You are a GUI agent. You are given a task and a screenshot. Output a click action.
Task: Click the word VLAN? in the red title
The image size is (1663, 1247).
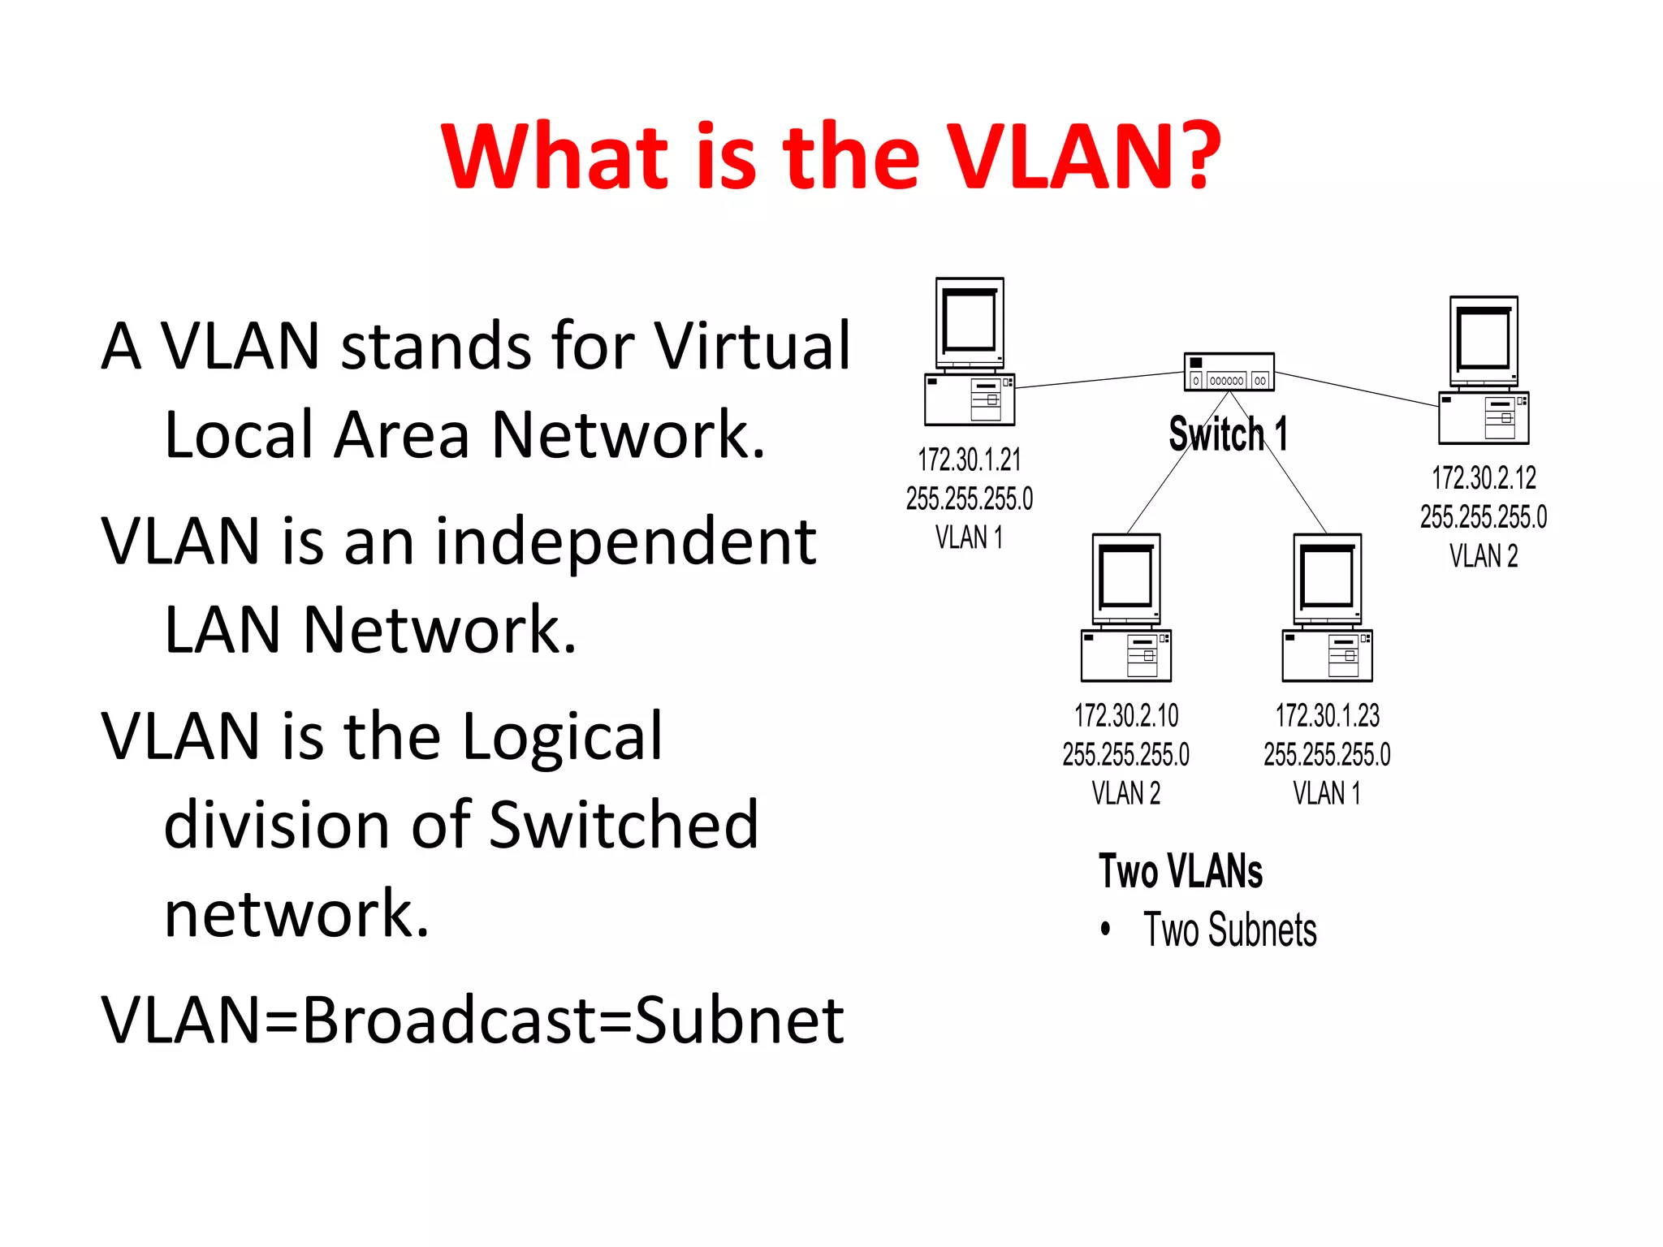[x=1083, y=156]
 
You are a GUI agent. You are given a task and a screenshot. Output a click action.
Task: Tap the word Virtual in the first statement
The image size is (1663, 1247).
[x=752, y=346]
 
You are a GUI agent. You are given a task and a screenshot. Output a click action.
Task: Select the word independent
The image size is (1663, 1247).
[x=625, y=542]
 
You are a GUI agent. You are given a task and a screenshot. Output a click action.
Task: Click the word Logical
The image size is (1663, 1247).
[x=563, y=737]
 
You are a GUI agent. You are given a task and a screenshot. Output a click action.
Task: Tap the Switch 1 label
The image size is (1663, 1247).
[x=1228, y=434]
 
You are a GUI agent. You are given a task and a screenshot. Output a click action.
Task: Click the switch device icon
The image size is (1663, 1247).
[x=1229, y=372]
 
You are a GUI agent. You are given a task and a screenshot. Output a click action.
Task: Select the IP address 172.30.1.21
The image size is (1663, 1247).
[x=969, y=460]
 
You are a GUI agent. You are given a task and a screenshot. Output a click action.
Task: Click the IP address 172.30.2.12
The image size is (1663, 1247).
[x=1484, y=478]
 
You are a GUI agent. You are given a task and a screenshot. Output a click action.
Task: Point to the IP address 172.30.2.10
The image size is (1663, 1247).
[x=1125, y=716]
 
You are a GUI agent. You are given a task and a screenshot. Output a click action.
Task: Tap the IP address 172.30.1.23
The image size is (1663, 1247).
[x=1327, y=716]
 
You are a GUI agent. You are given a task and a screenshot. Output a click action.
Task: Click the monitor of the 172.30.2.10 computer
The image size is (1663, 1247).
[x=1125, y=578]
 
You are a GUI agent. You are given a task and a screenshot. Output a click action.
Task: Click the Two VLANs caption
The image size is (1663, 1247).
[x=1180, y=871]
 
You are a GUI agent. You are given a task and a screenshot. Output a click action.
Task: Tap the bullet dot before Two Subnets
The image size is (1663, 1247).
[x=1105, y=929]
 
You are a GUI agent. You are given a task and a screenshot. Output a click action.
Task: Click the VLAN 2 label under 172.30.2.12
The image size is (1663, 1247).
[x=1484, y=556]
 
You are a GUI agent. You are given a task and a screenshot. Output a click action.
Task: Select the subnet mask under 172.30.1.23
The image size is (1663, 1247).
[x=1327, y=755]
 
